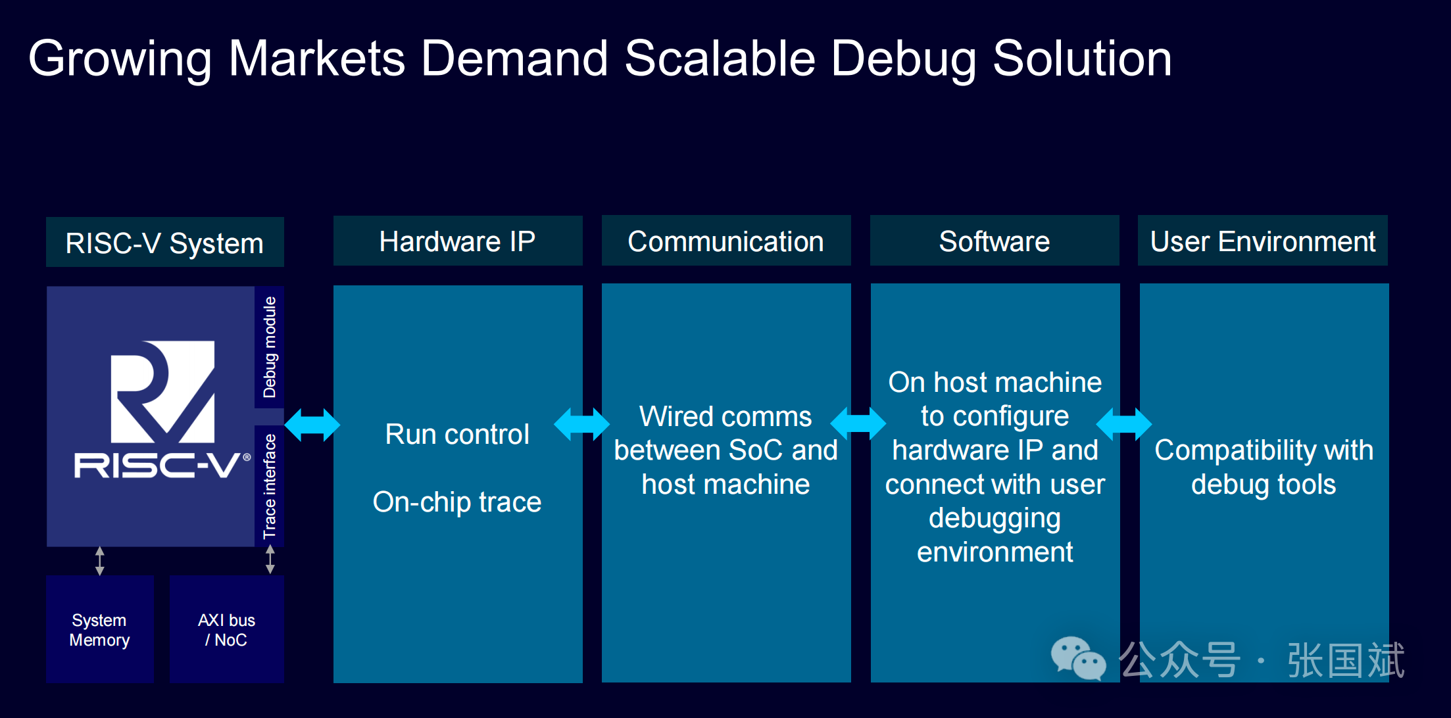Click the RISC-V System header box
(165, 242)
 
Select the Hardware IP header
(458, 241)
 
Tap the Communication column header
(726, 241)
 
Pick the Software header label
(995, 241)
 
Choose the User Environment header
(1263, 241)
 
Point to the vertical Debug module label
(270, 347)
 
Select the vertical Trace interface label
(270, 486)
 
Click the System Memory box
(100, 629)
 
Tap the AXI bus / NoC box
(227, 629)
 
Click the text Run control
(457, 434)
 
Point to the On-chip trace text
(457, 502)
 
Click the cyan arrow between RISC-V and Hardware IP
(312, 424)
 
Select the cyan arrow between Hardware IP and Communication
(582, 424)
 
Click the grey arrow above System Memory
(100, 561)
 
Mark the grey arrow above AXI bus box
(270, 560)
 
